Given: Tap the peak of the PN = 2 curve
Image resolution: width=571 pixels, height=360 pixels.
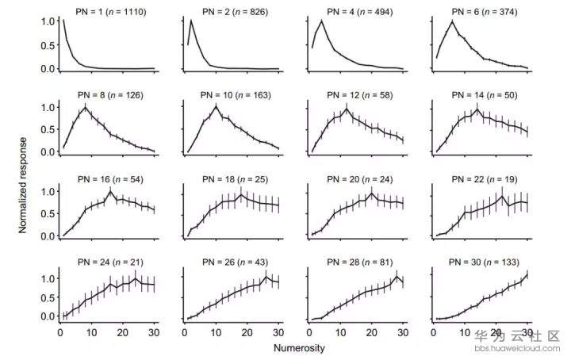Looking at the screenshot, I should click(190, 21).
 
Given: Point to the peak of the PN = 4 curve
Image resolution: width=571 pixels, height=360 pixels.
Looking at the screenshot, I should click(321, 21).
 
